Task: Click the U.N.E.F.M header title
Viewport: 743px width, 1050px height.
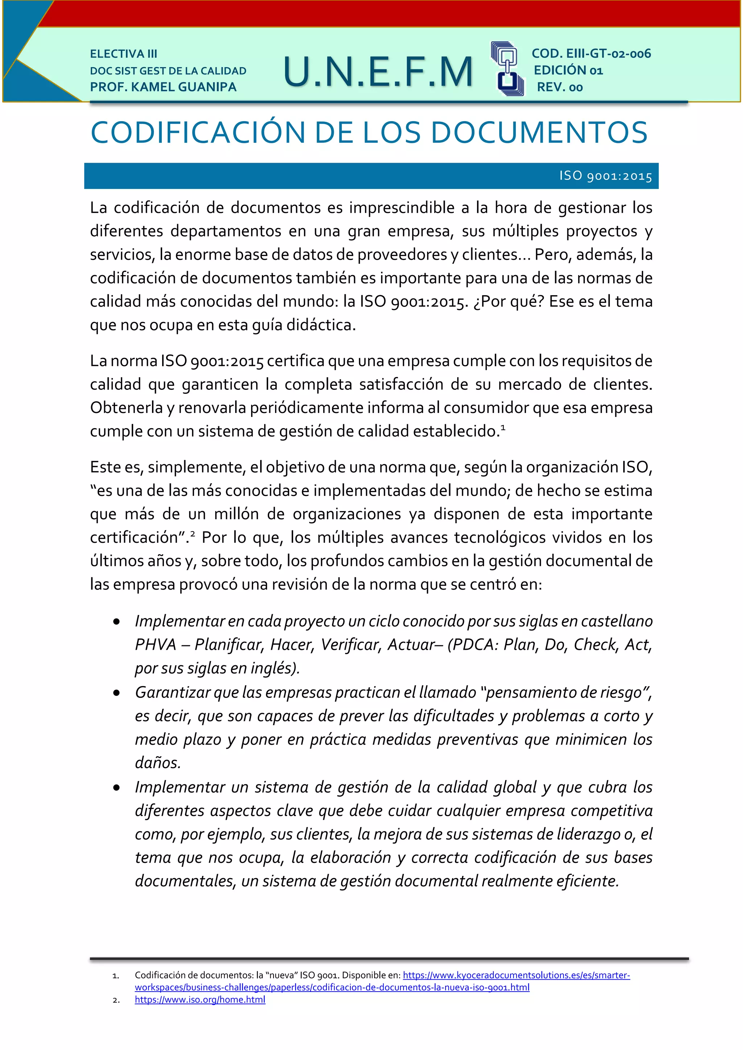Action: (378, 72)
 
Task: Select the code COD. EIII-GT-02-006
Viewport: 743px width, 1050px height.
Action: (591, 54)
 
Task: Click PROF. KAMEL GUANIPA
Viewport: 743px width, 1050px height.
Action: (163, 87)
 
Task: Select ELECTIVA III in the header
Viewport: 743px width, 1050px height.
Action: (123, 54)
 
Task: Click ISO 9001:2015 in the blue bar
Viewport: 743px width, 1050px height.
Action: (605, 176)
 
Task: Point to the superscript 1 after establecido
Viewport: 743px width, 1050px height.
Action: (503, 427)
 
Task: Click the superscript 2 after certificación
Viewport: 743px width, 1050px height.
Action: (193, 533)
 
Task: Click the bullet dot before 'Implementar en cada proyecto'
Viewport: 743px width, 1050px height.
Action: (117, 622)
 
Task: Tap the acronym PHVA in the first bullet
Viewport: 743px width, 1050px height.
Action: (156, 644)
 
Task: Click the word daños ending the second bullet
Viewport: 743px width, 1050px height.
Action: (158, 763)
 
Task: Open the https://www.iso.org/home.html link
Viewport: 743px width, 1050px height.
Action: (200, 999)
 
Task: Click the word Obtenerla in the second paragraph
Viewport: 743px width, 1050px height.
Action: (126, 408)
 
